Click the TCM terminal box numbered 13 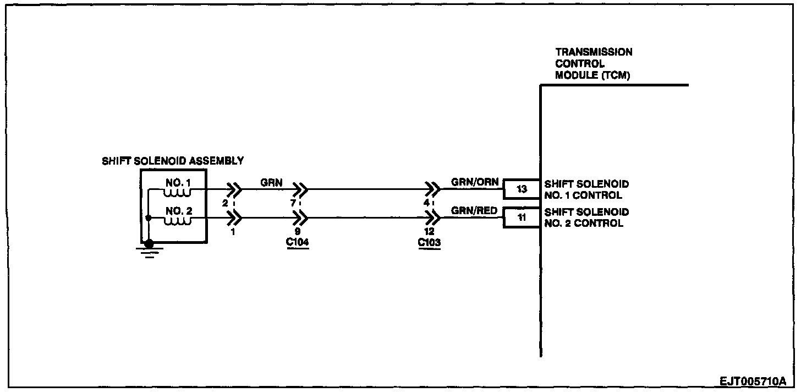(x=522, y=189)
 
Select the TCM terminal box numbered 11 (x=522, y=217)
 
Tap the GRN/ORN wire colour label (x=475, y=182)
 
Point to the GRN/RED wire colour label (x=475, y=210)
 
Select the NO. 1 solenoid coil (x=177, y=193)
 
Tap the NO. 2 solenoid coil (x=177, y=221)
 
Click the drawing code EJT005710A (x=753, y=381)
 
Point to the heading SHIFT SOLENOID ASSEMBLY (x=173, y=161)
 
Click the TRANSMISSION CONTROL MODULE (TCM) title (x=594, y=64)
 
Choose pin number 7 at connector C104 (x=294, y=203)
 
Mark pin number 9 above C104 (x=298, y=232)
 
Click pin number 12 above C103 (x=430, y=232)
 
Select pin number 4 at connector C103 (x=426, y=203)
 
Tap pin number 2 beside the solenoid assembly (x=225, y=203)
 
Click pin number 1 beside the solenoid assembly (x=233, y=232)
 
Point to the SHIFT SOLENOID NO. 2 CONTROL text (x=586, y=217)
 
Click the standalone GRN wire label (x=272, y=182)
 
